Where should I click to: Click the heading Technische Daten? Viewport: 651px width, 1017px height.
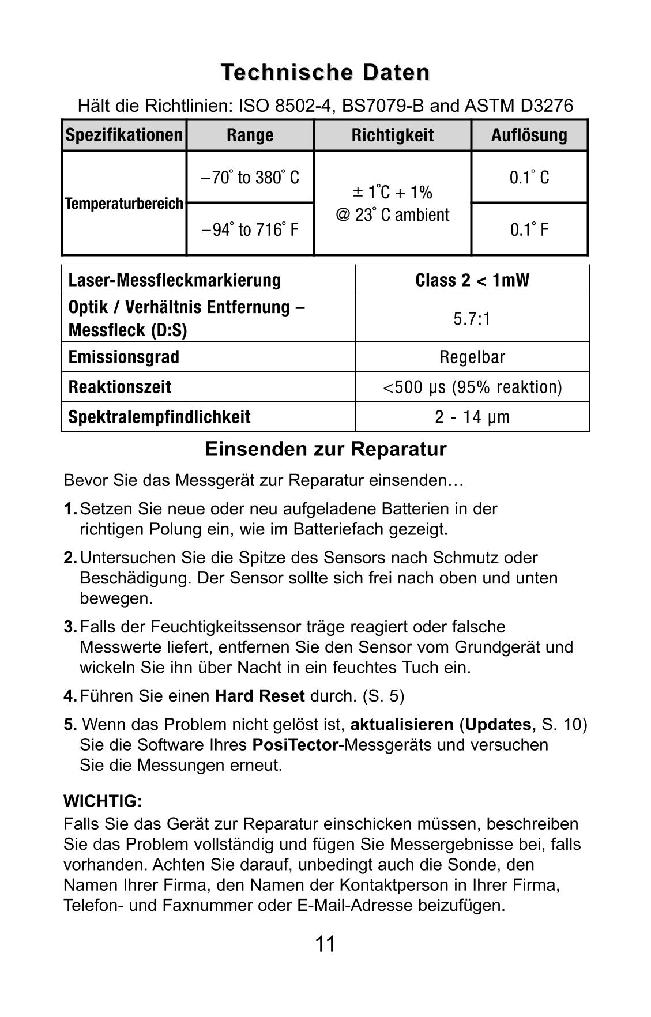click(325, 73)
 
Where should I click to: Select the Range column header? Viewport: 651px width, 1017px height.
click(250, 135)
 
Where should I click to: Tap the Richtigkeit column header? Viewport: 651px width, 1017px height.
click(393, 135)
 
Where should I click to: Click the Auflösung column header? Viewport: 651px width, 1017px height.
click(529, 135)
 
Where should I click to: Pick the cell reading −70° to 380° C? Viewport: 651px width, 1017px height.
click(250, 178)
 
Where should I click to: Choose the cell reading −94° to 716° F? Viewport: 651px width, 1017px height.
click(250, 230)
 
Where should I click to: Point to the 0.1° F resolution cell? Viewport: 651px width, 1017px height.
click(529, 230)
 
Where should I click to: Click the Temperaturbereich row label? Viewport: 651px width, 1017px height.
click(124, 204)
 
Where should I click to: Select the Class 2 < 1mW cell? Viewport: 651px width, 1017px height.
click(472, 280)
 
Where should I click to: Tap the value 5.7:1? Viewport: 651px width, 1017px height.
click(472, 319)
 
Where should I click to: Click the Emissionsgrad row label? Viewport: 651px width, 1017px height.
click(124, 357)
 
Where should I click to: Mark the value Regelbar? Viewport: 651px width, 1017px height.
click(472, 357)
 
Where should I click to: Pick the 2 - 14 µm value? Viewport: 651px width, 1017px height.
click(472, 417)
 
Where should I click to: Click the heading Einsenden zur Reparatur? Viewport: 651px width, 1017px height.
click(325, 449)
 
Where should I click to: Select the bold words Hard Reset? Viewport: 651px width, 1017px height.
click(259, 696)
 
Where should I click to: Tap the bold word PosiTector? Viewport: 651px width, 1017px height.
click(295, 745)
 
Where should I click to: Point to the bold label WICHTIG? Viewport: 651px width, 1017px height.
click(103, 801)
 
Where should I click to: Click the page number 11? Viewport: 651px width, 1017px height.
click(325, 944)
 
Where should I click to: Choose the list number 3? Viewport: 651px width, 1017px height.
click(70, 627)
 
